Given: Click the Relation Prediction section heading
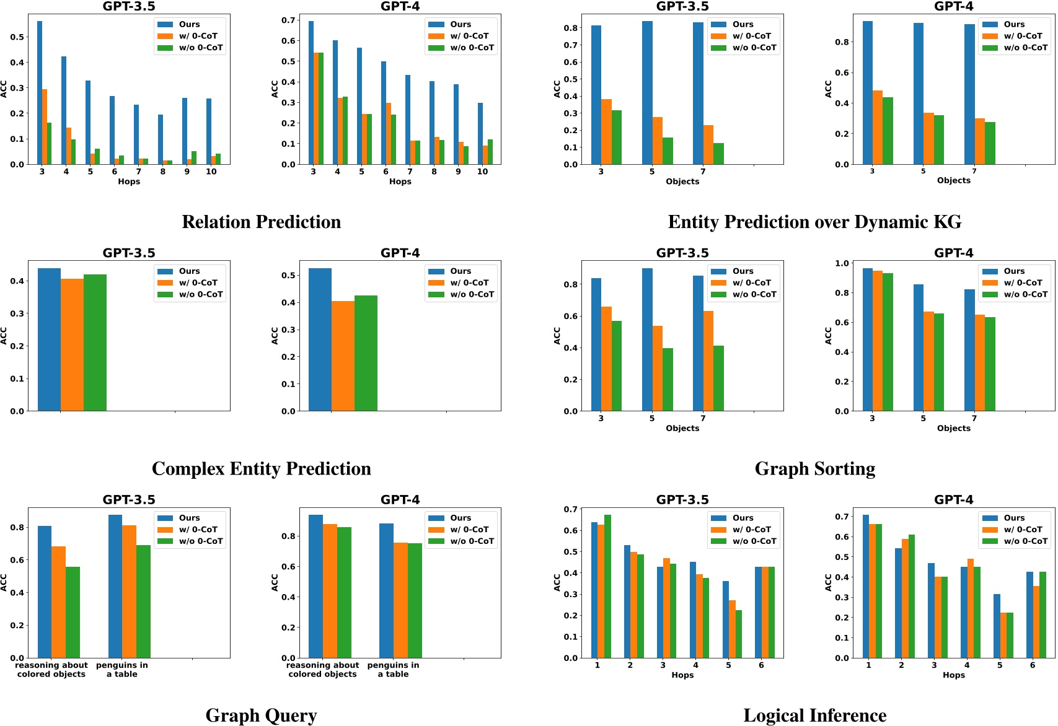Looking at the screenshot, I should click(x=261, y=222).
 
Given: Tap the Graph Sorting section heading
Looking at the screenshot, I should click(x=814, y=469).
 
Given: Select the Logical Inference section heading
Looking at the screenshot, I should click(x=814, y=715).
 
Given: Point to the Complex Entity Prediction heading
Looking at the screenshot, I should click(x=261, y=469).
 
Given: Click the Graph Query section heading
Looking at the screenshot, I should click(x=261, y=715).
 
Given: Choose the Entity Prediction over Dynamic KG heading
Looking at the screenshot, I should click(x=814, y=222).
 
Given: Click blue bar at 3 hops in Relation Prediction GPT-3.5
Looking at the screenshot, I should click(x=40, y=93).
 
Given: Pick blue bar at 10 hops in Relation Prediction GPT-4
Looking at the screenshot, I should click(x=480, y=134).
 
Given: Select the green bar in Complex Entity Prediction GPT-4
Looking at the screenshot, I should click(x=366, y=353).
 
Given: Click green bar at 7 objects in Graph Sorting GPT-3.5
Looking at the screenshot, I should click(x=718, y=378).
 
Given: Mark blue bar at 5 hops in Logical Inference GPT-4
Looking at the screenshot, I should click(x=997, y=626).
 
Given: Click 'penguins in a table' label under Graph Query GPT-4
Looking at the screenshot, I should click(x=393, y=670).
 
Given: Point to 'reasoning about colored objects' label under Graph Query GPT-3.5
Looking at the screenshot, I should click(x=51, y=670).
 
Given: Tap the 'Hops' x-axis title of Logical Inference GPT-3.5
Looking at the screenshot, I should click(x=682, y=675).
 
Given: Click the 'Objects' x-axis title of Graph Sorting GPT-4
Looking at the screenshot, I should click(x=953, y=428).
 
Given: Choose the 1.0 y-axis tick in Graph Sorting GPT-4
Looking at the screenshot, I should click(x=842, y=263).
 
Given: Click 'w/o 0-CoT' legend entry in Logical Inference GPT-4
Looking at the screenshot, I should click(x=1025, y=541).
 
